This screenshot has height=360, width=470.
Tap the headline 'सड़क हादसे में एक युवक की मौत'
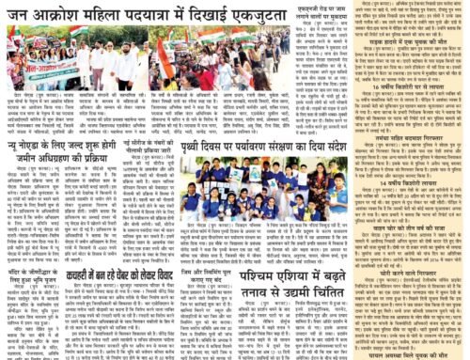395,42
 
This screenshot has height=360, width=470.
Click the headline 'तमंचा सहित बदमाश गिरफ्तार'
395,161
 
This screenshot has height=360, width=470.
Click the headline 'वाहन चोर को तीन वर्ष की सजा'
395,228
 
